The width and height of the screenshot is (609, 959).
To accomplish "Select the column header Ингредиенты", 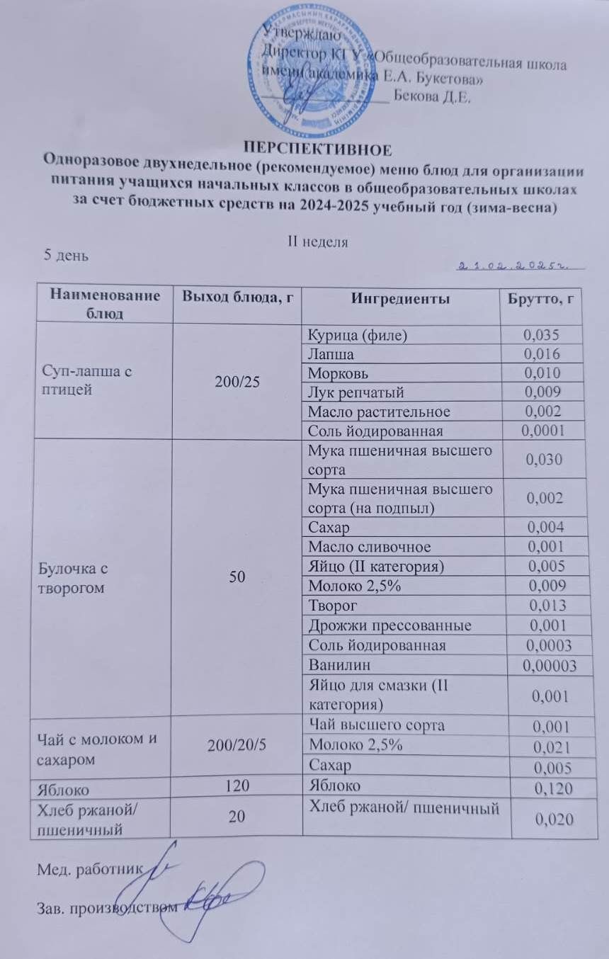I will click(399, 299).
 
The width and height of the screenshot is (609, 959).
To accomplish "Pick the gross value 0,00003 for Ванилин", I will click(545, 664).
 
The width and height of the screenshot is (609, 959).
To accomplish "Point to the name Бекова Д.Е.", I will click(431, 98).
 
